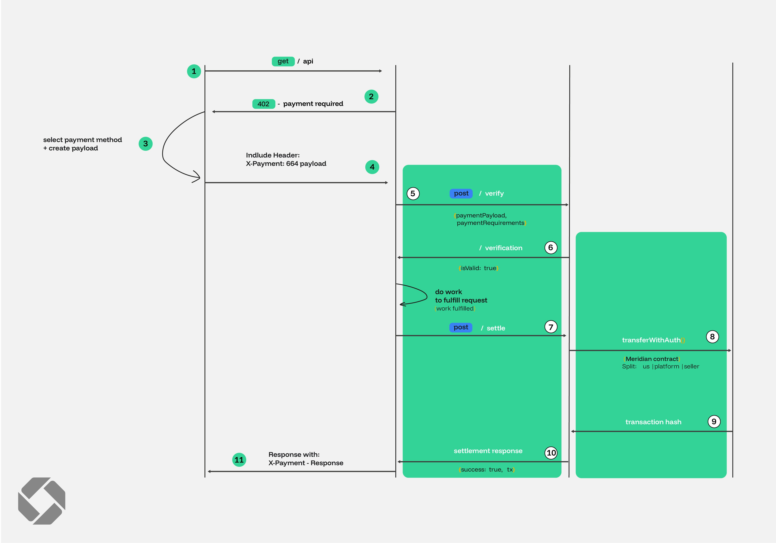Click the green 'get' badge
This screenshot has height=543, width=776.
(283, 61)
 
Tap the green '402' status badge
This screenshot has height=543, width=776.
(263, 104)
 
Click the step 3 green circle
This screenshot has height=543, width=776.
(145, 144)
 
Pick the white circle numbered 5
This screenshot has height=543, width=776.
(413, 194)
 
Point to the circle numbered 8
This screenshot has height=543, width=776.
(712, 337)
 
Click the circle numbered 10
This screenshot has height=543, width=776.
(551, 453)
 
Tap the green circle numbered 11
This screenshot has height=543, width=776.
(239, 460)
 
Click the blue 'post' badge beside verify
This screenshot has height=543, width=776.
(461, 193)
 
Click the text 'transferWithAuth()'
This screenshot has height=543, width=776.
(653, 340)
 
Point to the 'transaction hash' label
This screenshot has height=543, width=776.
(653, 422)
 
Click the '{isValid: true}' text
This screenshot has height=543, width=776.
(478, 268)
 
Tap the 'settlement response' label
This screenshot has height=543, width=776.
(488, 451)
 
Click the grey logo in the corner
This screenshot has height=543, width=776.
(42, 501)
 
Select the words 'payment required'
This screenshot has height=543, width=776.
(313, 104)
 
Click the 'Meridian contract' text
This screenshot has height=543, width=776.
(652, 359)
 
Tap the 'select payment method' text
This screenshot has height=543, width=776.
(82, 140)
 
